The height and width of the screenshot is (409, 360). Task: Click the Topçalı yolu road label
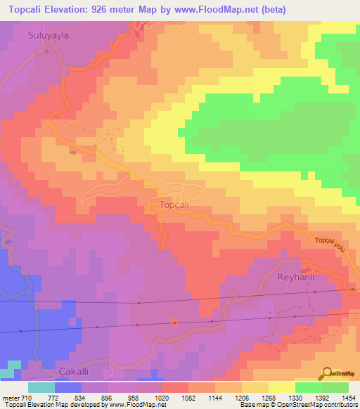tap(332, 243)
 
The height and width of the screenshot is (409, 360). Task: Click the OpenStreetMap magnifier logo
tap(326, 373)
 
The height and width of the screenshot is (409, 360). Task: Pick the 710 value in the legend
tap(27, 397)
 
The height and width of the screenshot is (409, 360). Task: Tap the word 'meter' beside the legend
tap(11, 397)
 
